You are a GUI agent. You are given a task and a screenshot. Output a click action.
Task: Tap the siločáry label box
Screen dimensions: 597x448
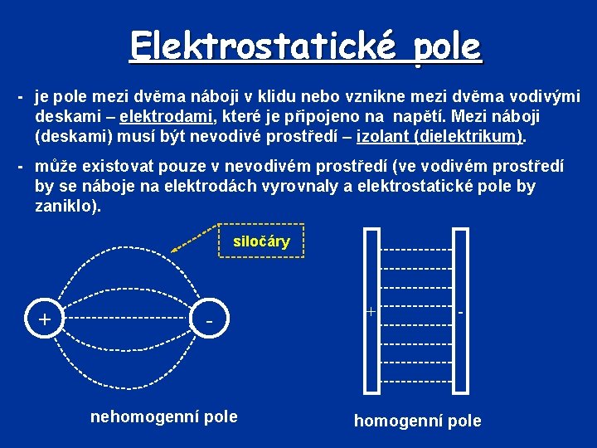coord(261,242)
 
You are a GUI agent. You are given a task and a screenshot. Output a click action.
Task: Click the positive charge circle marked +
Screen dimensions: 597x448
coord(45,318)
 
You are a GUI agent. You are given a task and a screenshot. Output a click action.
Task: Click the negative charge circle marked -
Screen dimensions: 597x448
coord(211,318)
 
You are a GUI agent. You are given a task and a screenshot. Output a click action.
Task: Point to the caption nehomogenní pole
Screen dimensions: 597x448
coord(163,416)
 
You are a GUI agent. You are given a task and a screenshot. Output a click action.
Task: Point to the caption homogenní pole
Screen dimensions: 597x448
coord(417,421)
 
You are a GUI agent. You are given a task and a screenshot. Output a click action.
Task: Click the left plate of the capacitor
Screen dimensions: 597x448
coord(371,310)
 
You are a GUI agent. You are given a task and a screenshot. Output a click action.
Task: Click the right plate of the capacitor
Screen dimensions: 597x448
coord(460,310)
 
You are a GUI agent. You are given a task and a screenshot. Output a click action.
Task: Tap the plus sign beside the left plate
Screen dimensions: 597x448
coord(370,313)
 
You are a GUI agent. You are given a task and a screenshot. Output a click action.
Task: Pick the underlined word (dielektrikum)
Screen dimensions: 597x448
coord(470,134)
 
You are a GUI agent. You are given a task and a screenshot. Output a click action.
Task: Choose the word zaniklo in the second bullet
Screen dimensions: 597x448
coord(66,205)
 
